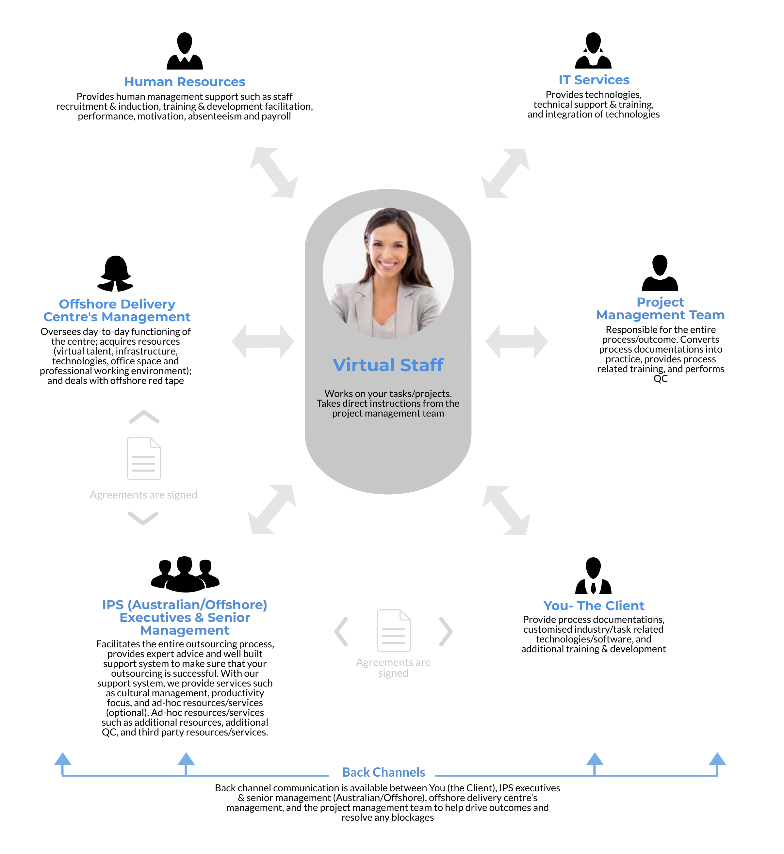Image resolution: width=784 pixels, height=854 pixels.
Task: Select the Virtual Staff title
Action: pyautogui.click(x=388, y=365)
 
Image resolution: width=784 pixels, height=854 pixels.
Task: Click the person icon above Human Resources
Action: pyautogui.click(x=185, y=51)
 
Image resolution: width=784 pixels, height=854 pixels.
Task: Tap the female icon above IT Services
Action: pyautogui.click(x=593, y=50)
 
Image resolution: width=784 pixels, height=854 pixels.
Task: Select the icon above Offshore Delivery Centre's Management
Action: pyautogui.click(x=115, y=274)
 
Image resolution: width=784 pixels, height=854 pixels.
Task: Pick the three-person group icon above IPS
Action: pyautogui.click(x=186, y=574)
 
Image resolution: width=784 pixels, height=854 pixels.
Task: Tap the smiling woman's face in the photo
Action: pyautogui.click(x=387, y=250)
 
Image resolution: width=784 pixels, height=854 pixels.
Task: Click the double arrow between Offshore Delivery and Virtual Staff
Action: pyautogui.click(x=263, y=342)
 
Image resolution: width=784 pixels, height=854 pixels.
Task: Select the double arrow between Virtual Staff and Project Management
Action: pyautogui.click(x=516, y=342)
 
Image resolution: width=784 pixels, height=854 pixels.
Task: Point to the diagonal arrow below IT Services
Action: pyautogui.click(x=505, y=173)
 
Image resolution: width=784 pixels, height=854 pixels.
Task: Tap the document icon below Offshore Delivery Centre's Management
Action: pyautogui.click(x=144, y=458)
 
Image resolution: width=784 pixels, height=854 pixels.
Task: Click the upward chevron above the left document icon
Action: pyautogui.click(x=144, y=417)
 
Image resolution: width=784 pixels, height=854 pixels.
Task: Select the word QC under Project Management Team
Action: pyautogui.click(x=661, y=379)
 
